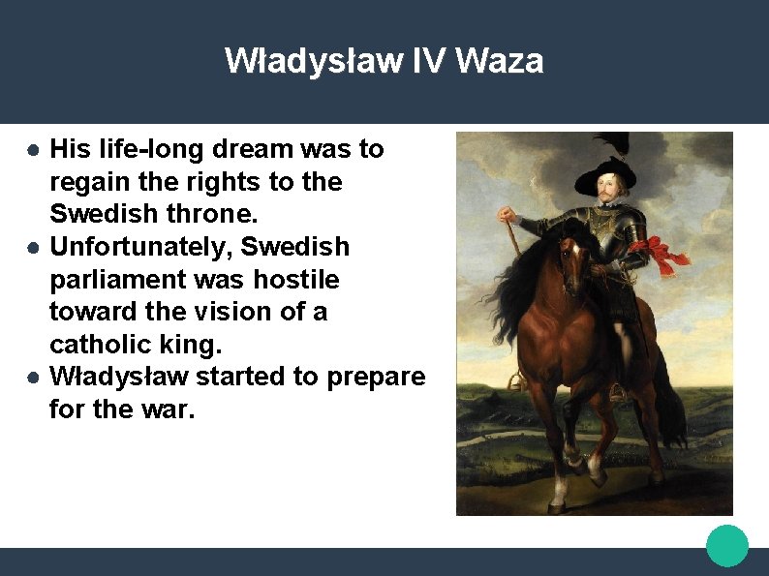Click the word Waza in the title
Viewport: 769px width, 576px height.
(499, 61)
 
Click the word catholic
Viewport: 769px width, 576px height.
(96, 345)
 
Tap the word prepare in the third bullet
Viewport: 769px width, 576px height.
(377, 377)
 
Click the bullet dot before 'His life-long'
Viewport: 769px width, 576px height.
(33, 150)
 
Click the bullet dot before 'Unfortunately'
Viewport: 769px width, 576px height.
(33, 248)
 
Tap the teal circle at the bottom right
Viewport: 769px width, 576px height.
(726, 546)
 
